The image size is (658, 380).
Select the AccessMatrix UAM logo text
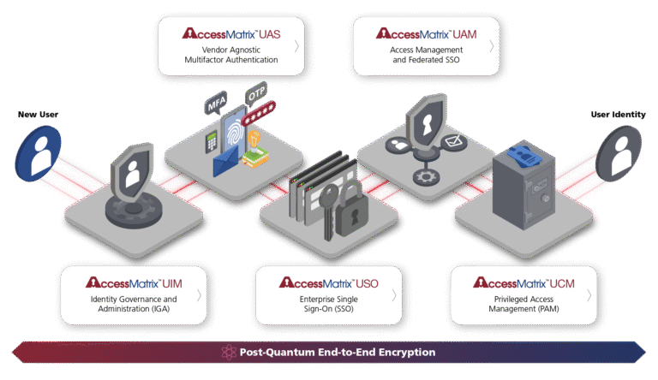pyautogui.click(x=427, y=33)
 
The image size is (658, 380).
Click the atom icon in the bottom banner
pyautogui.click(x=228, y=352)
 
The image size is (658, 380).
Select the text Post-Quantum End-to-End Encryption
pyautogui.click(x=338, y=352)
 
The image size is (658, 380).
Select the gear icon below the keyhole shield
pyautogui.click(x=422, y=176)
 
